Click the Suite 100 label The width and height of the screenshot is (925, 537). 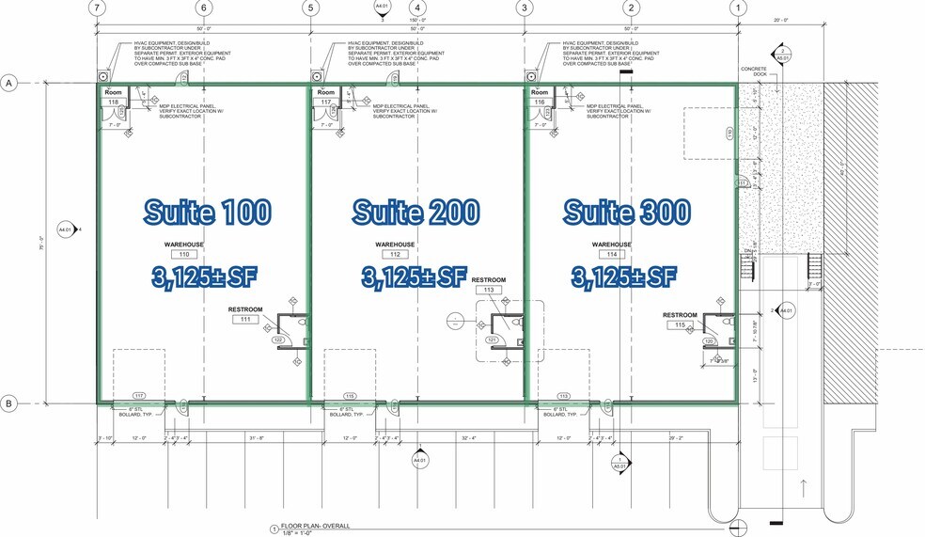click(x=207, y=212)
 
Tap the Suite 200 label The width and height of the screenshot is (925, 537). click(x=416, y=212)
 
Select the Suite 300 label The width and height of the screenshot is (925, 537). click(x=627, y=212)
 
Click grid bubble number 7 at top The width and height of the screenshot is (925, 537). click(x=94, y=8)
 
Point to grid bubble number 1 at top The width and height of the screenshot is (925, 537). click(x=739, y=8)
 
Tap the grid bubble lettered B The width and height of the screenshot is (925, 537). click(x=10, y=404)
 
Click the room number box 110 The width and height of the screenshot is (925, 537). click(x=184, y=254)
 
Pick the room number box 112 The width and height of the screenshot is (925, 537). click(x=395, y=254)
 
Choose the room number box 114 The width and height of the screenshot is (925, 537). click(x=611, y=254)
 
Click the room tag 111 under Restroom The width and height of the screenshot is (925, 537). click(x=244, y=320)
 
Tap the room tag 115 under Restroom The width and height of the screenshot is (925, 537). click(x=679, y=325)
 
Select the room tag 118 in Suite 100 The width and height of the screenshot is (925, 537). click(x=114, y=102)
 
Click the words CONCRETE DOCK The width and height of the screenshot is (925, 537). click(x=755, y=71)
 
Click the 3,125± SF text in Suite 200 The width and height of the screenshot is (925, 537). click(x=415, y=276)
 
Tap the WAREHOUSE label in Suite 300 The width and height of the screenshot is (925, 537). click(x=611, y=244)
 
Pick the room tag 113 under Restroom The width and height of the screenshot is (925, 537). click(x=489, y=291)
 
